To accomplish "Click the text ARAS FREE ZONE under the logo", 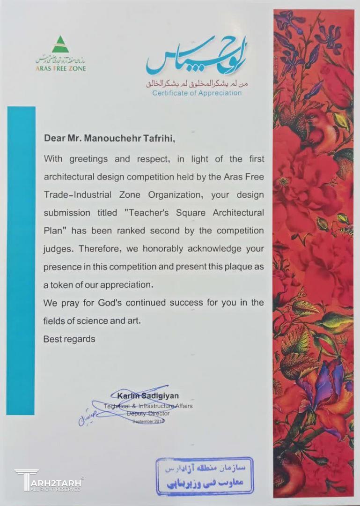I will pyautogui.click(x=61, y=68).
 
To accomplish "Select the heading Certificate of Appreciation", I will pyautogui.click(x=197, y=93).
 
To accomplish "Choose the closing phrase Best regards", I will pyautogui.click(x=69, y=339).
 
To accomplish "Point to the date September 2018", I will pyautogui.click(x=148, y=422).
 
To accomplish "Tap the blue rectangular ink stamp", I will pyautogui.click(x=204, y=475).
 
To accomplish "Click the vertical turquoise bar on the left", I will pyautogui.click(x=21, y=260).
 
